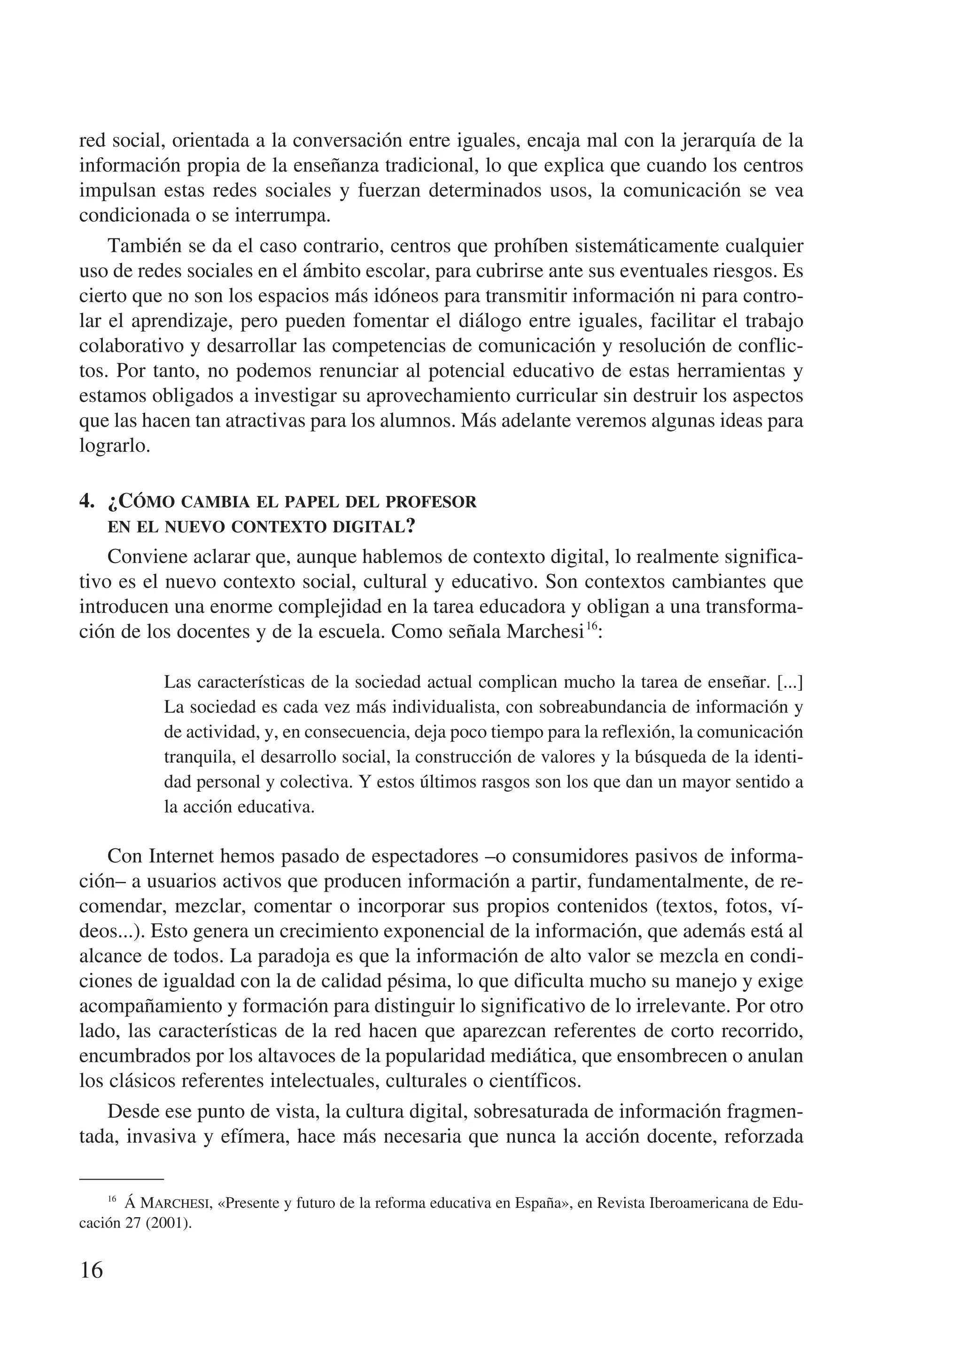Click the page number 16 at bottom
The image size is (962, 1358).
pyautogui.click(x=91, y=1270)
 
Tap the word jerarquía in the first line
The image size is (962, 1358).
pyautogui.click(x=717, y=141)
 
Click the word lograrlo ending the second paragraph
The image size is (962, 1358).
pyautogui.click(x=114, y=446)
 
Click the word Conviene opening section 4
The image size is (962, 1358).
pyautogui.click(x=151, y=557)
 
